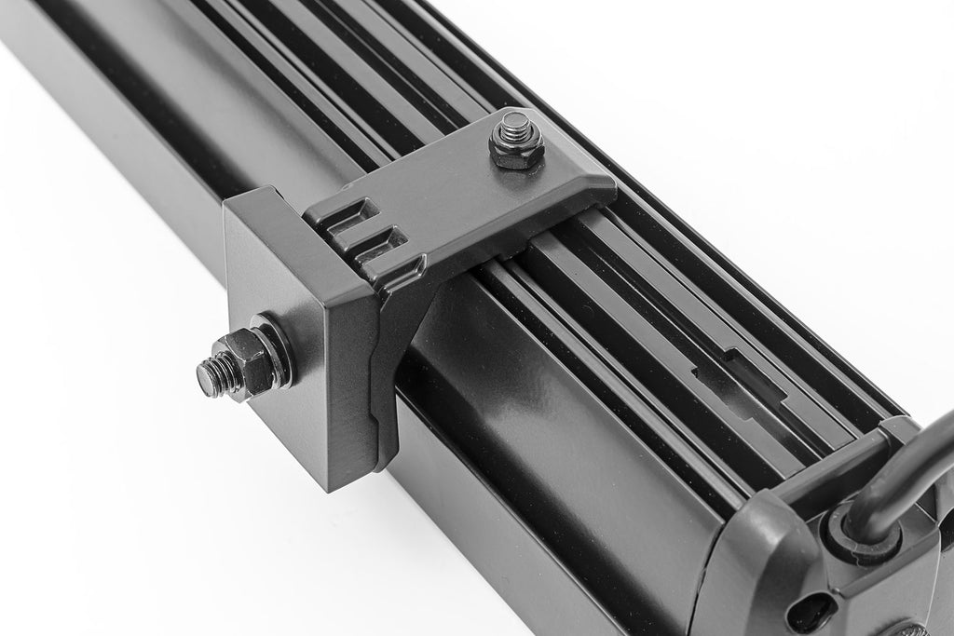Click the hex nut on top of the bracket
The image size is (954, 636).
click(x=515, y=150)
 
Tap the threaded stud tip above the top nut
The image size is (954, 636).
click(x=512, y=122)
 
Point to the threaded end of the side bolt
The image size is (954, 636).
click(x=211, y=374)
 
